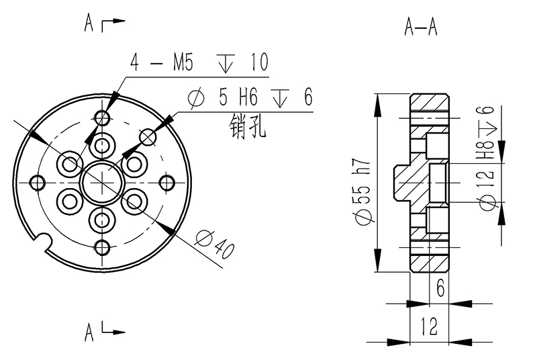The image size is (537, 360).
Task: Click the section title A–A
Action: (x=421, y=26)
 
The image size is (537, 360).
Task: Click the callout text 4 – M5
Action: (x=162, y=63)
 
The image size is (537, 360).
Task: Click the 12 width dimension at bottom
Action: (x=429, y=327)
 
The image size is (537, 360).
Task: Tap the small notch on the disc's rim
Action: (x=44, y=238)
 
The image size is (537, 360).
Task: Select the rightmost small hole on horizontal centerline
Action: (x=167, y=182)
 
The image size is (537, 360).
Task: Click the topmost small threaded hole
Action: (x=102, y=118)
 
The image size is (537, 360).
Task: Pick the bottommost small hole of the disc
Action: (x=102, y=246)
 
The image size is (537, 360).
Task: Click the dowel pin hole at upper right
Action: (x=148, y=137)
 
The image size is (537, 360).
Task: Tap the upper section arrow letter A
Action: (x=89, y=25)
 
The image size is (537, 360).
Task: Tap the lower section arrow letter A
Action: (x=89, y=332)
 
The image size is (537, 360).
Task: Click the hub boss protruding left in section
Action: (x=401, y=181)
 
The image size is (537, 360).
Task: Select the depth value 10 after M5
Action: (x=258, y=63)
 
